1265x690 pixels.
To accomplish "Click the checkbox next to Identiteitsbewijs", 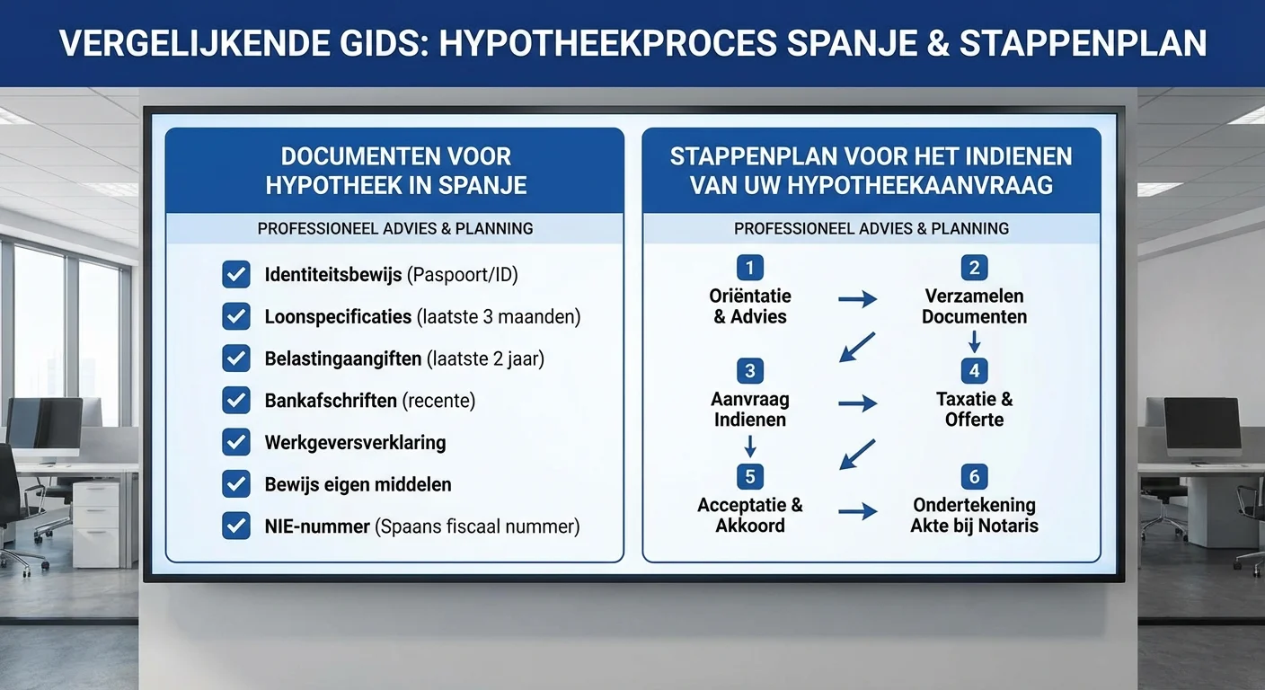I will [x=236, y=274].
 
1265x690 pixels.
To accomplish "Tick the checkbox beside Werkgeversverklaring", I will [x=236, y=442].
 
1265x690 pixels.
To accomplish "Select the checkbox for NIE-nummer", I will [x=236, y=526].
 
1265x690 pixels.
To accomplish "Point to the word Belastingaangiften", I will [x=342, y=358].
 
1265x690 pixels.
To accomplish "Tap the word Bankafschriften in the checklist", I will [x=331, y=400].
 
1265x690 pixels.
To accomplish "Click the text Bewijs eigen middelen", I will [x=358, y=484].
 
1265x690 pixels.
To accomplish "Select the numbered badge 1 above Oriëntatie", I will [x=749, y=267].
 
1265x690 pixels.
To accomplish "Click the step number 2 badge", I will [x=974, y=267].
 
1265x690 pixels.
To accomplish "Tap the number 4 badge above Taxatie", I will [x=974, y=370].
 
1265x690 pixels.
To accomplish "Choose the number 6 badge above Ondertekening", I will [x=974, y=476].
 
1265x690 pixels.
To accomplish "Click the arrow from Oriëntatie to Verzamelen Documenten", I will [x=858, y=298].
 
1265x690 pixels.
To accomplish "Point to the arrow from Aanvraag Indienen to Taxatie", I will [x=858, y=403].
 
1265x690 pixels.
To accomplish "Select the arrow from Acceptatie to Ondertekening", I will [x=858, y=511].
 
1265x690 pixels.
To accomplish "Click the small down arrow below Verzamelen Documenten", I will [x=974, y=341].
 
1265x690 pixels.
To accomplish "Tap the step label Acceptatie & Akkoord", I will [x=750, y=515].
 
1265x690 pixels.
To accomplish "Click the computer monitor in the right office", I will [x=1201, y=426].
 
